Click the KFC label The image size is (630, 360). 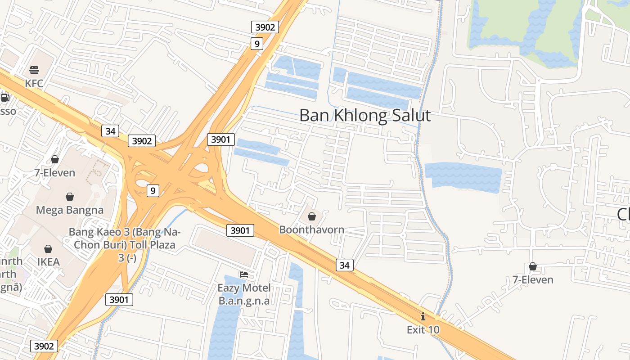click(34, 83)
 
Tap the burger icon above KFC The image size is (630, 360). click(34, 70)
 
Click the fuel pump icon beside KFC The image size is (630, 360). click(5, 98)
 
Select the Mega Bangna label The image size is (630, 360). click(70, 210)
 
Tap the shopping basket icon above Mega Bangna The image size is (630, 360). click(70, 197)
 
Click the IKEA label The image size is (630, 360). click(48, 262)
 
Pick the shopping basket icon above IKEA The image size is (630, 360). click(48, 249)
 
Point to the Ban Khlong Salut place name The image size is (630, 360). click(365, 116)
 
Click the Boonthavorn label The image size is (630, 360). click(312, 229)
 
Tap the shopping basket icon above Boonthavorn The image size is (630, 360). click(311, 217)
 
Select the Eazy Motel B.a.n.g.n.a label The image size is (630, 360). click(244, 294)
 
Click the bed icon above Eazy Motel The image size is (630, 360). click(244, 274)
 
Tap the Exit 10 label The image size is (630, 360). click(423, 329)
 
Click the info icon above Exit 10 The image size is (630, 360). click(423, 316)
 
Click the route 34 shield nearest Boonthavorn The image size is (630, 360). click(344, 265)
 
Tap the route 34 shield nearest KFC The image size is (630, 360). click(110, 131)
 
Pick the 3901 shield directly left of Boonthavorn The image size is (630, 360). click(240, 230)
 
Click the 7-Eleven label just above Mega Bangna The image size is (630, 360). click(55, 172)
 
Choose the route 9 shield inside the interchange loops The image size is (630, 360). click(153, 191)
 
